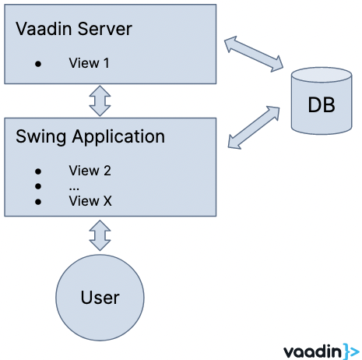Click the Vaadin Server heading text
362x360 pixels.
[74, 30]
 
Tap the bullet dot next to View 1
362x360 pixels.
[38, 64]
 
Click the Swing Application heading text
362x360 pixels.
[90, 137]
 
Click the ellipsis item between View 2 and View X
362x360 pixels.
[74, 186]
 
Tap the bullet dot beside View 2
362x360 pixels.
[38, 171]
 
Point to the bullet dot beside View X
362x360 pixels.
[38, 202]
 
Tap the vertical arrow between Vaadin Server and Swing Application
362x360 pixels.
[100, 100]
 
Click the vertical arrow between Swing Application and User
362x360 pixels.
[100, 235]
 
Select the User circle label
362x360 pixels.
[100, 297]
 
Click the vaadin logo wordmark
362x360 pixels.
[311, 350]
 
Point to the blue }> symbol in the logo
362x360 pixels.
[350, 350]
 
